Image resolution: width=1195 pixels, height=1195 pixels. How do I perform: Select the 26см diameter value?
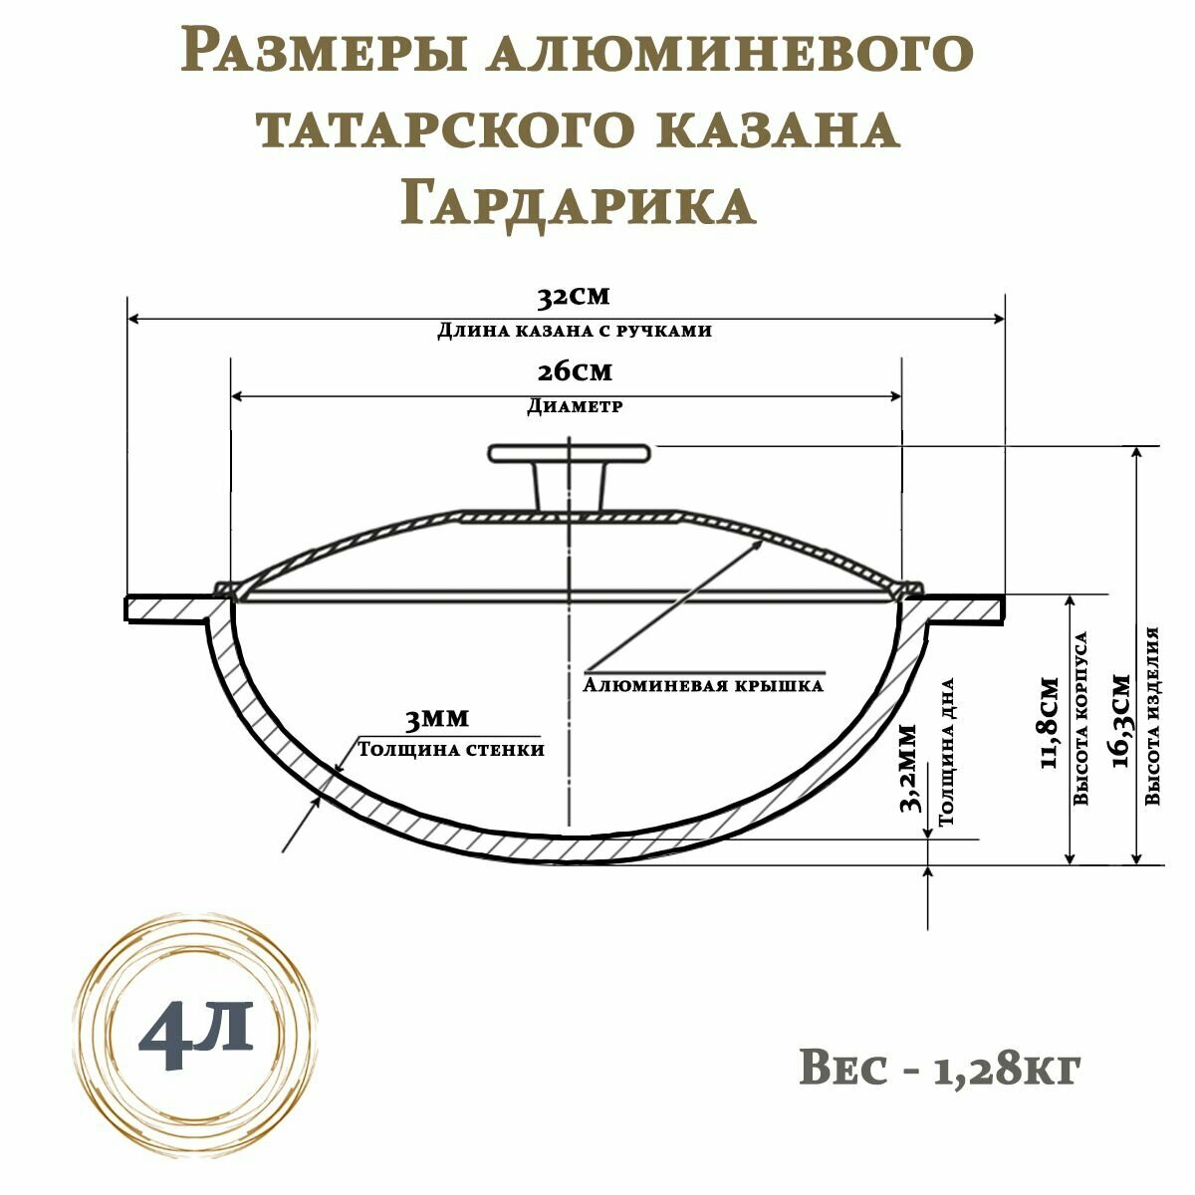pos(574,371)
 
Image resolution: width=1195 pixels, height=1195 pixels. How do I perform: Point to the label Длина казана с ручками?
pos(575,331)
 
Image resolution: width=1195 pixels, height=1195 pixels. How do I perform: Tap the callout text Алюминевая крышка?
pos(703,686)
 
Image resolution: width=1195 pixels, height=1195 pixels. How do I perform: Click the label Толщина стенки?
pos(450,749)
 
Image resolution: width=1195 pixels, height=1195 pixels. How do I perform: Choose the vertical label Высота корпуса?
pos(1081,717)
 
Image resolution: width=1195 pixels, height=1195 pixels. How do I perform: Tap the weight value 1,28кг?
pos(1007,1069)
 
